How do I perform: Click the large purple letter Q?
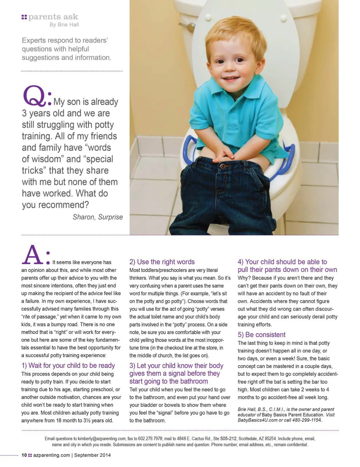pyautogui.click(x=34, y=96)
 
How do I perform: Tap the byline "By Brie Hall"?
pyautogui.click(x=64, y=25)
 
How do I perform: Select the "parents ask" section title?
pyautogui.click(x=53, y=17)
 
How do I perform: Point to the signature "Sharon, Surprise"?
pyautogui.click(x=98, y=217)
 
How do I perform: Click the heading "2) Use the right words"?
pyautogui.click(x=162, y=262)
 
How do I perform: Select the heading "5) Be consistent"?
pyautogui.click(x=262, y=335)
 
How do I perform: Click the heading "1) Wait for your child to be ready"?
pyautogui.click(x=68, y=365)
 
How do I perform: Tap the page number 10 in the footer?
pyautogui.click(x=24, y=455)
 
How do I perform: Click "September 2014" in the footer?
pyautogui.click(x=92, y=455)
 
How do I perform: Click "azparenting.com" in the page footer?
pyautogui.click(x=52, y=455)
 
